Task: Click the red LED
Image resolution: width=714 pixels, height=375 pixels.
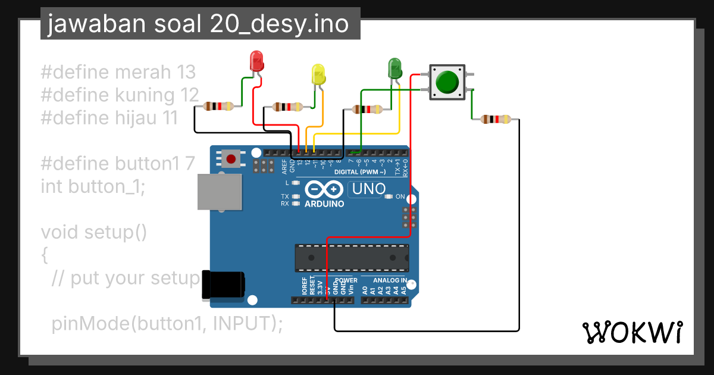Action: coord(256,61)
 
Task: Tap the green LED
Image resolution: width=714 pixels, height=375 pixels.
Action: coord(394,68)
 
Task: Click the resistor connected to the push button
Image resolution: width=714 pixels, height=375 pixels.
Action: coord(496,119)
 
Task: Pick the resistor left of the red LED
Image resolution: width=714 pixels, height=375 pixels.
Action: coord(218,107)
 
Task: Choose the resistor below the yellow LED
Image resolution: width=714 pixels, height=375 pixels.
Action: coord(287,107)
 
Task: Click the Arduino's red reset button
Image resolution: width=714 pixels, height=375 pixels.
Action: coord(230,158)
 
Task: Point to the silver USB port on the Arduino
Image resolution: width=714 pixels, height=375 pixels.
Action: coord(220,192)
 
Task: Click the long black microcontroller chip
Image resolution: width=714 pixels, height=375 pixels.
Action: coord(352,257)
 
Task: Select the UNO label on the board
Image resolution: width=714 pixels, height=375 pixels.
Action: coord(369,190)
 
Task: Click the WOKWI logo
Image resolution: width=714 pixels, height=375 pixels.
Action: coord(632,332)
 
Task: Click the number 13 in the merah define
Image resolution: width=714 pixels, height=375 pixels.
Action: coord(186,73)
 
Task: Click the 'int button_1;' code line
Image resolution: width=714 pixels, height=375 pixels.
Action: coord(93,186)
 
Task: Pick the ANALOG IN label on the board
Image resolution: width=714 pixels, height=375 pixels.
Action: coord(390,280)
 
